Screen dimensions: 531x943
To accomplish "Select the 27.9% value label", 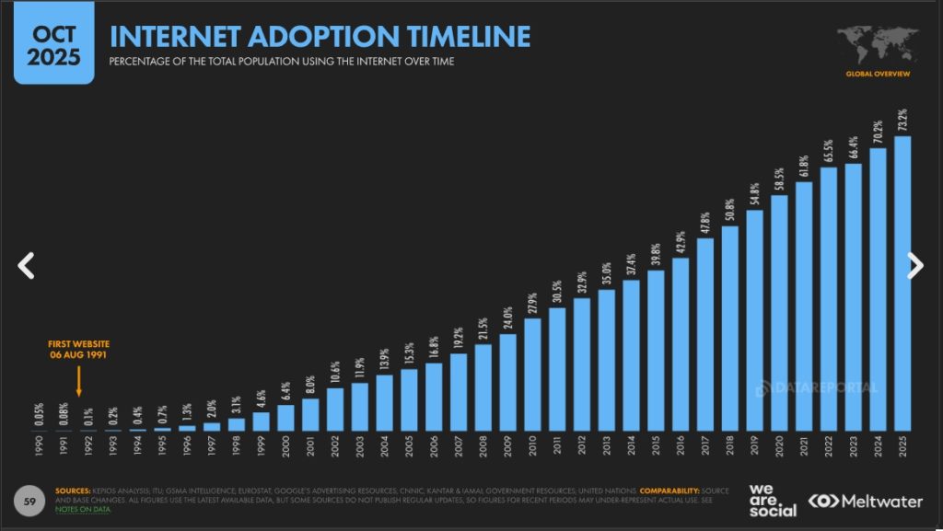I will click(x=533, y=301).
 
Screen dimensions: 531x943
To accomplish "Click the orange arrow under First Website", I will click(x=78, y=381).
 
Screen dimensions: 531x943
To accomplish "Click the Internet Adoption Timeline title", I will click(x=320, y=36).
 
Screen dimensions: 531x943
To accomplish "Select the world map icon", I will click(x=877, y=44).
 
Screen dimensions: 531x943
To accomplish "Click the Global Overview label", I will click(x=877, y=73).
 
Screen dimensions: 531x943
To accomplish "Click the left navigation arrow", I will click(x=27, y=266).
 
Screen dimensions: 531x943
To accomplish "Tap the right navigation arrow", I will click(x=914, y=266).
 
